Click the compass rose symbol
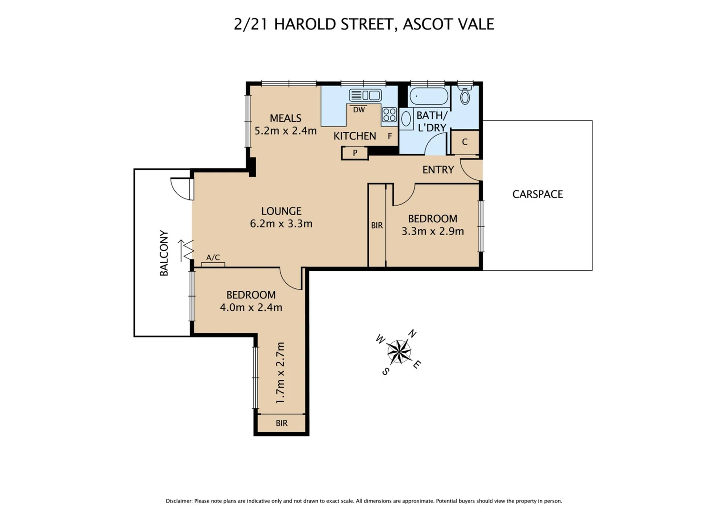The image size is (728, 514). [399, 352]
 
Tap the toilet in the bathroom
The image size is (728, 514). [465, 96]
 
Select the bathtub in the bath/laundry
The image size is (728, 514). [428, 97]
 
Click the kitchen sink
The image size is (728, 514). [365, 95]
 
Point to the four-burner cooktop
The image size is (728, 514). [389, 115]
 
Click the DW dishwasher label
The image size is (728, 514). [359, 110]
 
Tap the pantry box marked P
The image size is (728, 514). [355, 153]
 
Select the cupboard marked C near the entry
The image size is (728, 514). [465, 142]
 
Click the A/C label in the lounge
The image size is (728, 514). [213, 258]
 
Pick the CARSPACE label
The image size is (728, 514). [537, 194]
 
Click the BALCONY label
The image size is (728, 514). [164, 253]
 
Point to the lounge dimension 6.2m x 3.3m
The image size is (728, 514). [281, 224]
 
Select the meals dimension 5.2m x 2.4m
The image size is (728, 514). [285, 131]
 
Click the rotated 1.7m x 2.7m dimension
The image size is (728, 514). [280, 373]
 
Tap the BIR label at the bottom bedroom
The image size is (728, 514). [282, 423]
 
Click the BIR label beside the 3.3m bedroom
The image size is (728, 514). [377, 226]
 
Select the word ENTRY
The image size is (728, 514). [438, 170]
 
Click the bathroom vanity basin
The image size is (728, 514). [406, 119]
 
